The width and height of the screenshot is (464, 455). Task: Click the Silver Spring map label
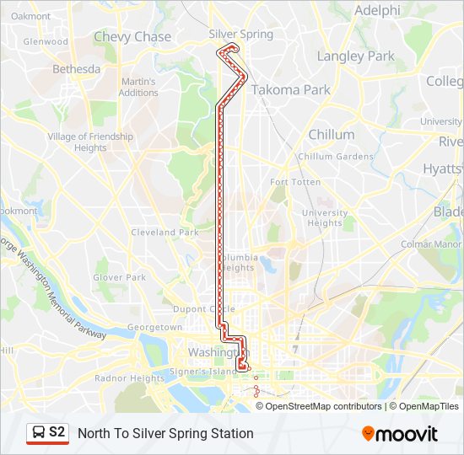coord(240,35)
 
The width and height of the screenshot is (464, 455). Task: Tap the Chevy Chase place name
coord(132,37)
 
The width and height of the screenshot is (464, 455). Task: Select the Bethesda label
coord(76,69)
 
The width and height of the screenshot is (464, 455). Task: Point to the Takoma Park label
coord(290,89)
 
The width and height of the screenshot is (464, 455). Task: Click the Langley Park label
coord(355,56)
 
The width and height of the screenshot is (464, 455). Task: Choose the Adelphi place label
coord(377,11)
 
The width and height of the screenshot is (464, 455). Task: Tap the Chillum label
coord(331,135)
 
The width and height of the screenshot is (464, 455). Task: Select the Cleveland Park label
coord(165,233)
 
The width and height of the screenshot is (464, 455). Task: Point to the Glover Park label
coord(120,277)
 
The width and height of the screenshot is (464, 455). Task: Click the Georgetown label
coord(154,327)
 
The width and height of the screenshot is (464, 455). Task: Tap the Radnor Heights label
coord(130,378)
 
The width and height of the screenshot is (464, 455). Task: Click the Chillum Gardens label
coord(335,157)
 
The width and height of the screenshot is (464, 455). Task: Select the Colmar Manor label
coord(430,244)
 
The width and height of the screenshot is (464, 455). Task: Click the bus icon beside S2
coord(39,433)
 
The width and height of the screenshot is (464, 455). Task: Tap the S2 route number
coord(57,433)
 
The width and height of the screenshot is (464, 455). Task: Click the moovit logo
coord(400,434)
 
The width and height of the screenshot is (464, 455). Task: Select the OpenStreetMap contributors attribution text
coord(324,406)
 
